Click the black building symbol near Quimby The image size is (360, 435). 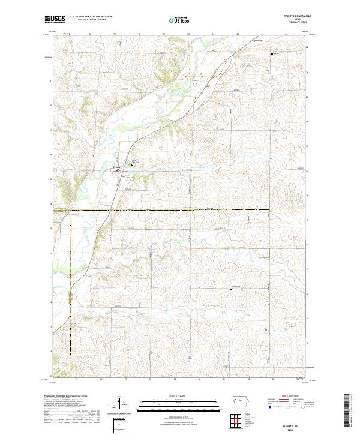(x=272, y=53)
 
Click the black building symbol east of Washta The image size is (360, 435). (x=132, y=161)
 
